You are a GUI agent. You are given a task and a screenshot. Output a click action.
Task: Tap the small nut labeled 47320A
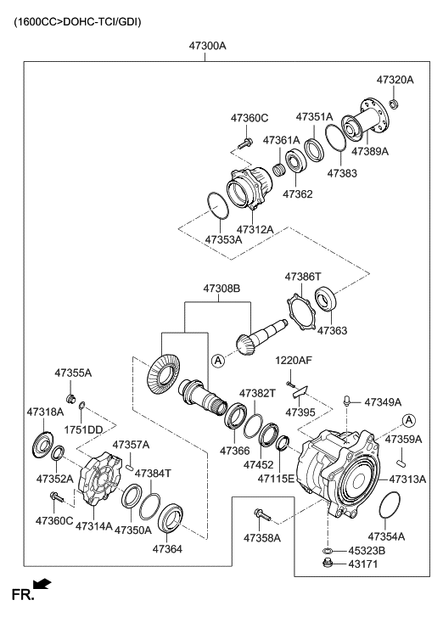click(394, 104)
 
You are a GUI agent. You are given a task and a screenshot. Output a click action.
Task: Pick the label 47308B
click(222, 289)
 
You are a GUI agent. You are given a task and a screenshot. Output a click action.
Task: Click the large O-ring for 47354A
click(389, 508)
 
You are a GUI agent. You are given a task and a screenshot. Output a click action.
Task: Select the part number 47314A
click(93, 526)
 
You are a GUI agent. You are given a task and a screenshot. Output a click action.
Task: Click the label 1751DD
click(84, 429)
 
